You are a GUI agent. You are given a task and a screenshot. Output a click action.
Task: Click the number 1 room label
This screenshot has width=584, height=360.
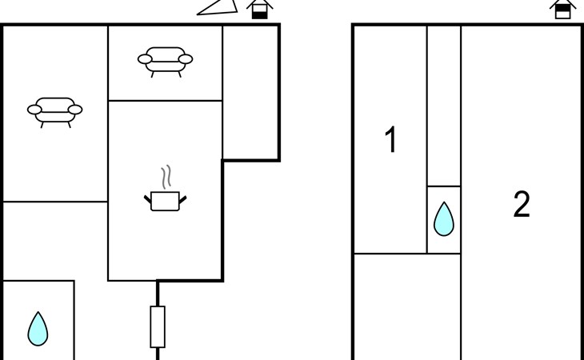390,139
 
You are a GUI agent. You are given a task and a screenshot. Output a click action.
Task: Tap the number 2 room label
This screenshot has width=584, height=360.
522,204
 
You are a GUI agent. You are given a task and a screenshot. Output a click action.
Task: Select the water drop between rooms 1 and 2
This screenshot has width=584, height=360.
444,219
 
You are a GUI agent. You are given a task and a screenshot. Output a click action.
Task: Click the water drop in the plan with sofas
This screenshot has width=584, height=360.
38,329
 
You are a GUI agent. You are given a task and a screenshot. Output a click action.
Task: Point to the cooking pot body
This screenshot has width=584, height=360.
165,202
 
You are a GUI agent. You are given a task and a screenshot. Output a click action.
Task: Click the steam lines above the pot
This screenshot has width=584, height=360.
166,177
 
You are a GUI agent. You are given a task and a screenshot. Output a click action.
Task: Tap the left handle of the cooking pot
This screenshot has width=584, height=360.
148,199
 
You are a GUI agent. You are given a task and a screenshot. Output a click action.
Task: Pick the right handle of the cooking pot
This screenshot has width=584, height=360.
182,199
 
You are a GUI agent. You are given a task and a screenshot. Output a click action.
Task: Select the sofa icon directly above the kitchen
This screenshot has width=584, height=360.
165,62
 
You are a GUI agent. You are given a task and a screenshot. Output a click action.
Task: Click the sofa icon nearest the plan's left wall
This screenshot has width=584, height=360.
54,112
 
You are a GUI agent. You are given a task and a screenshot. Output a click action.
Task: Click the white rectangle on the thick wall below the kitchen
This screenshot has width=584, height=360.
158,327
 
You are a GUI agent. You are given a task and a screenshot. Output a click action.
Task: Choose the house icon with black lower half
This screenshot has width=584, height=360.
259,10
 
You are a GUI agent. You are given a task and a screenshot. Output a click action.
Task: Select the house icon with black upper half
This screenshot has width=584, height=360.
562,10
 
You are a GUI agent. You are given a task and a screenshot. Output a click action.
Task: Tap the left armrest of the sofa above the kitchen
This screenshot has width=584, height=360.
145,59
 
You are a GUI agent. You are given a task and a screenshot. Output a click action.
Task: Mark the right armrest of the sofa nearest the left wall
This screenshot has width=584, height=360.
75,110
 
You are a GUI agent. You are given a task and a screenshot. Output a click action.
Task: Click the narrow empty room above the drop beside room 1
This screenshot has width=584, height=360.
444,106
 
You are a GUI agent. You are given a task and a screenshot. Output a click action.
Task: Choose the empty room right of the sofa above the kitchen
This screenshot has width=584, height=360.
250,92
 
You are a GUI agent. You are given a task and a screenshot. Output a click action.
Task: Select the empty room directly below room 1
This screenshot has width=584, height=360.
407,306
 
